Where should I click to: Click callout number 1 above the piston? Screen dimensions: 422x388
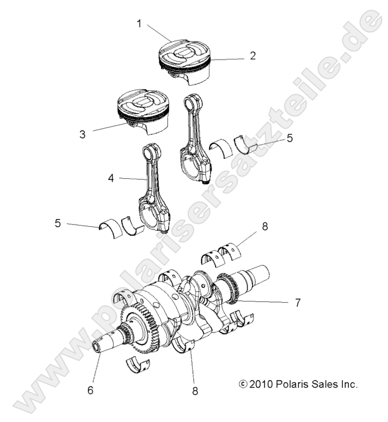(139, 23)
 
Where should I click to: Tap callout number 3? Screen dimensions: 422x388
(82, 134)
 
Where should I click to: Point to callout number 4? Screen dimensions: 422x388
(111, 178)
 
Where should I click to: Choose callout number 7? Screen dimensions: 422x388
(297, 302)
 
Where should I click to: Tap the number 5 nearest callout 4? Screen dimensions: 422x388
(58, 223)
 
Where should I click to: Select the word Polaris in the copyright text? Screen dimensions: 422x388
(292, 384)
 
